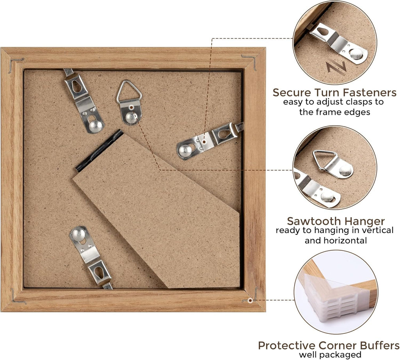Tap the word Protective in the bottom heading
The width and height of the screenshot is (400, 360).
click(x=287, y=346)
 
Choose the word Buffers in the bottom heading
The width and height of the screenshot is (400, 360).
click(x=380, y=346)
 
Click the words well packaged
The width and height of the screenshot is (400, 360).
click(x=330, y=355)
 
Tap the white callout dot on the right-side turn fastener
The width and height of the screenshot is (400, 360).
click(x=204, y=142)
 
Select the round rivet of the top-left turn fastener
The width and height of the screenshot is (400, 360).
click(x=95, y=125)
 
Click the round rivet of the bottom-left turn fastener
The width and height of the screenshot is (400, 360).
click(x=78, y=234)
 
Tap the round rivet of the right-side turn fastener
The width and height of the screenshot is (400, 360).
click(x=186, y=150)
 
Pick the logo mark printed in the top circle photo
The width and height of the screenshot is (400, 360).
click(x=337, y=68)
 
